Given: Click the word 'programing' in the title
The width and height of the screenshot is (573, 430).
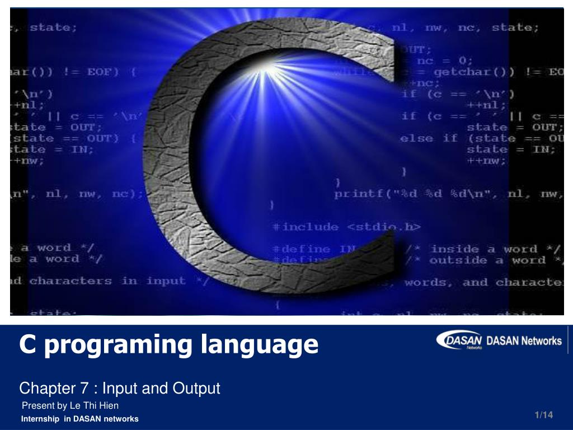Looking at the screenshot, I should tap(119, 345).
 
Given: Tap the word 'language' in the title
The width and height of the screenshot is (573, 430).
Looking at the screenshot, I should tap(259, 345).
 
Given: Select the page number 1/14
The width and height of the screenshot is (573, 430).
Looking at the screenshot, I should tap(543, 415).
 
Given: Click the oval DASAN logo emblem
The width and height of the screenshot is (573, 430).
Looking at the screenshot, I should tap(459, 340).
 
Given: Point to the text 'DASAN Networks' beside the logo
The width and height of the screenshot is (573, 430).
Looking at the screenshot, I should tap(524, 340).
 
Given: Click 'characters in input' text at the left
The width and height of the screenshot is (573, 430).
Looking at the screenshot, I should tap(107, 281).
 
